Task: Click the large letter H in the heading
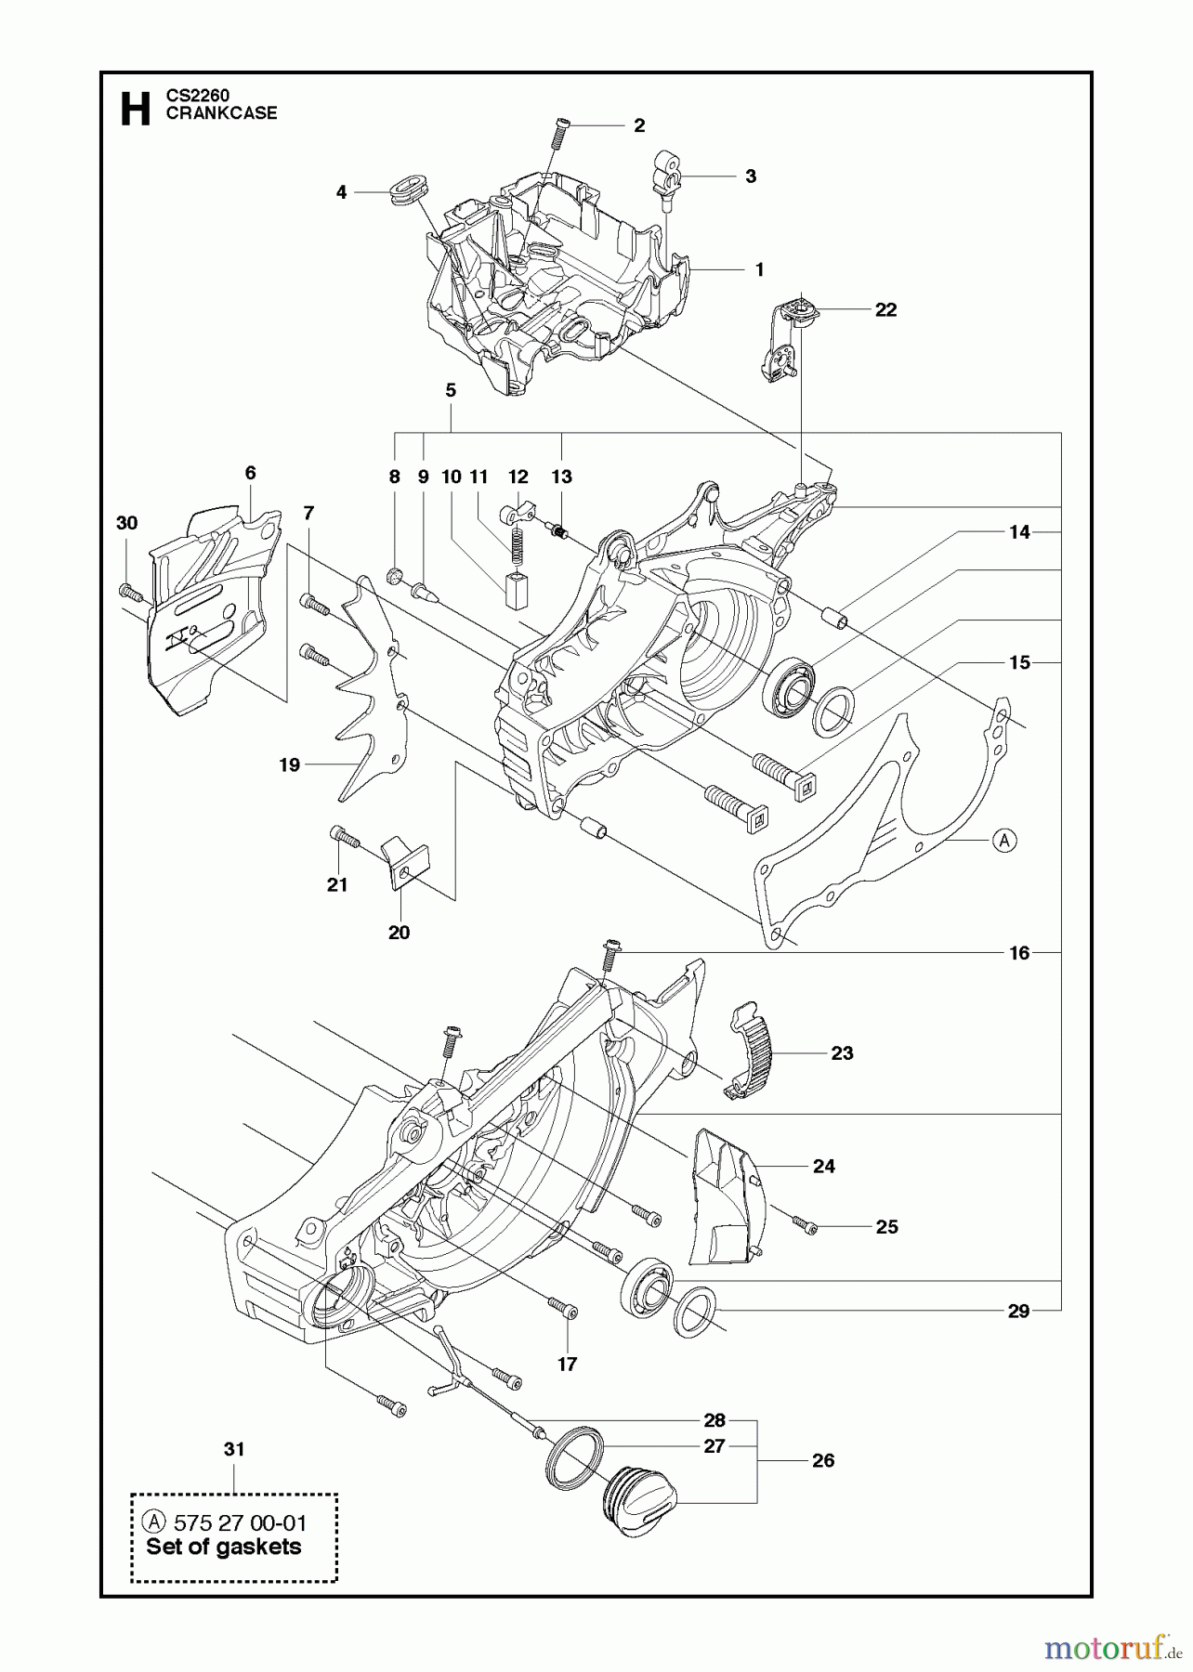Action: [136, 108]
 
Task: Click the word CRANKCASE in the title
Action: [221, 113]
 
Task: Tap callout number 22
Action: [885, 309]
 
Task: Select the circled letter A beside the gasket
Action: [1003, 841]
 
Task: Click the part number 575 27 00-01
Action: [240, 1523]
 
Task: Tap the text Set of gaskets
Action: [223, 1548]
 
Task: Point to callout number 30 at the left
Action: [127, 523]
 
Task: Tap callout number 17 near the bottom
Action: [567, 1364]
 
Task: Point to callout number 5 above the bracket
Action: [451, 391]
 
